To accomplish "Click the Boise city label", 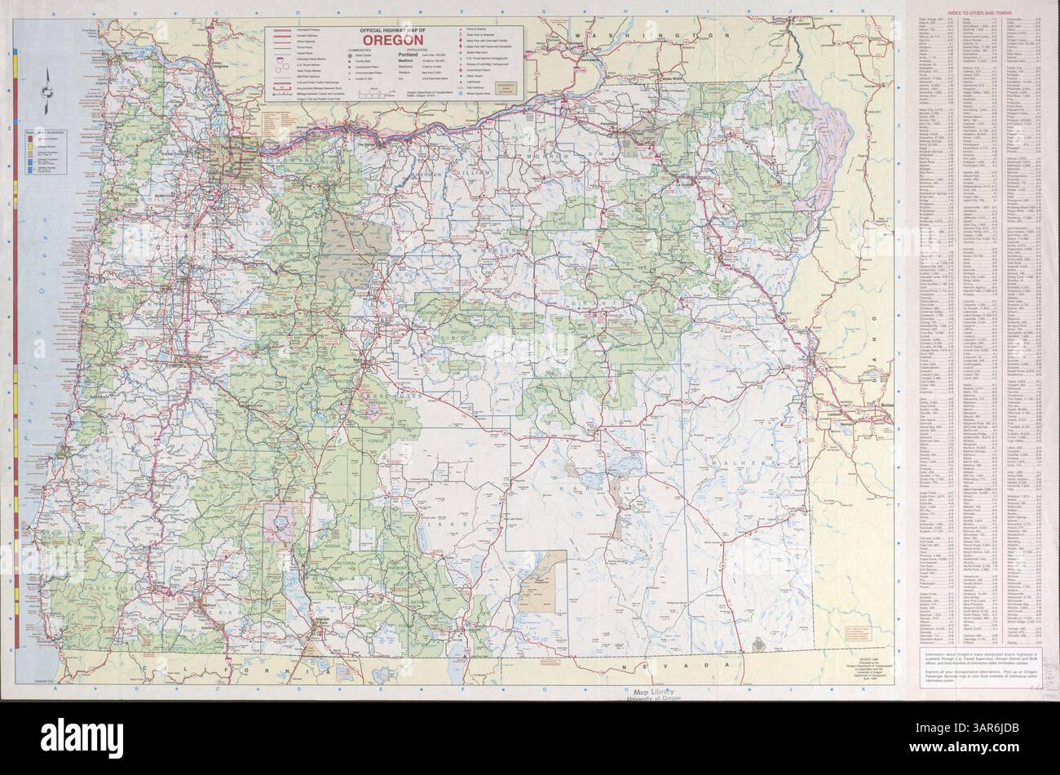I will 886,405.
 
